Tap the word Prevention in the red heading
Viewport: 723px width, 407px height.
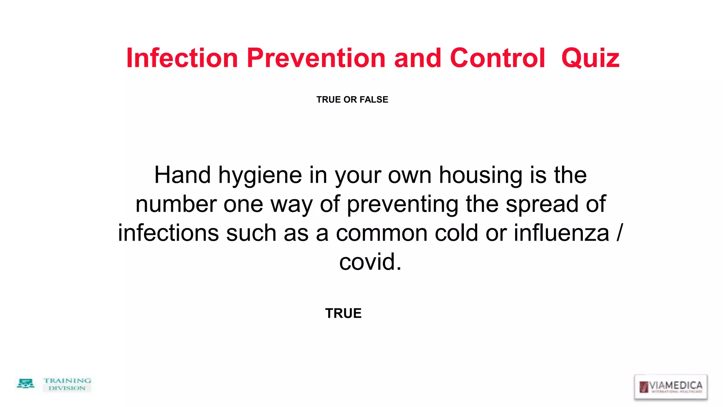point(316,58)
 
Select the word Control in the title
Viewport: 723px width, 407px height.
point(497,58)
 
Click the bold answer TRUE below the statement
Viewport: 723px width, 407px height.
point(343,313)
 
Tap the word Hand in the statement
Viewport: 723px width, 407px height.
point(183,175)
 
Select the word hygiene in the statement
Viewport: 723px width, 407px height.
point(260,176)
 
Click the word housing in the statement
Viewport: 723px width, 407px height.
point(480,176)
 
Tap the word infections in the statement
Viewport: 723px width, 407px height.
point(168,233)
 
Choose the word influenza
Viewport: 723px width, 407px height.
point(561,233)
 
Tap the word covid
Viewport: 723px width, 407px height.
point(370,262)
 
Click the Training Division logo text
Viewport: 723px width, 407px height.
point(67,384)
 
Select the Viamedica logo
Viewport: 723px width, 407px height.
point(671,387)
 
